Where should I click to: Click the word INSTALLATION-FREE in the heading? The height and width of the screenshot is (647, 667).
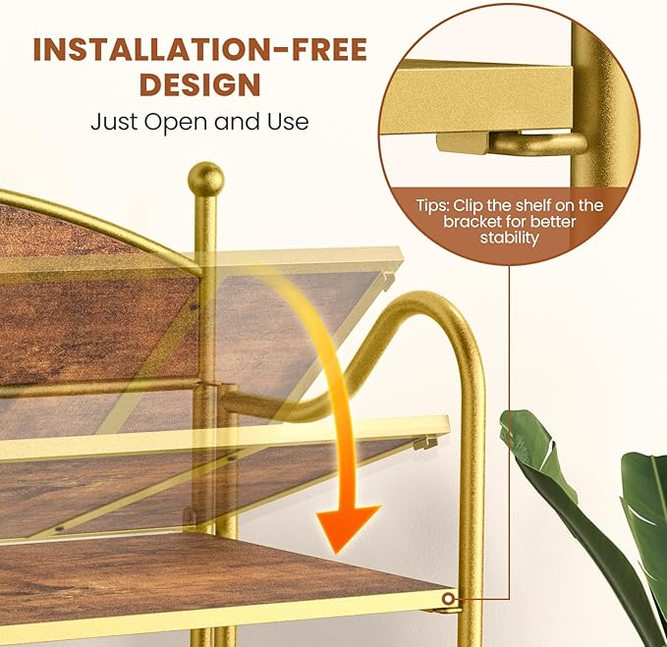click(x=200, y=49)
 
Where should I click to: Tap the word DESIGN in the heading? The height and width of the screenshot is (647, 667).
click(x=200, y=84)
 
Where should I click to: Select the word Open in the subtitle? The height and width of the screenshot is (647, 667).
click(x=177, y=123)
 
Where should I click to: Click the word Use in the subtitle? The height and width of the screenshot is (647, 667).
click(x=288, y=122)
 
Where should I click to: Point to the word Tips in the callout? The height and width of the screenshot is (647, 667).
click(x=432, y=206)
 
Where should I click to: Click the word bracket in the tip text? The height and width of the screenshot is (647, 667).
click(x=472, y=222)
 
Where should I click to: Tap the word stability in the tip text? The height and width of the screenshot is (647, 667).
click(x=509, y=238)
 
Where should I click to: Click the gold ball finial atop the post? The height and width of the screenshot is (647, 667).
click(x=205, y=178)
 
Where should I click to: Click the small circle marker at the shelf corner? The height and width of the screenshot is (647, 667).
click(x=448, y=599)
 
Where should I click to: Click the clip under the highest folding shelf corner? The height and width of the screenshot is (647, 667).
click(x=388, y=279)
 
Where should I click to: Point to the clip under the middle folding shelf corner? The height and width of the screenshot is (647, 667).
click(x=425, y=443)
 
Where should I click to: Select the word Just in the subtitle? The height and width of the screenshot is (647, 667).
click(x=114, y=122)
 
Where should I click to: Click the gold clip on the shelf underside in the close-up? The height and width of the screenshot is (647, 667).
click(x=463, y=142)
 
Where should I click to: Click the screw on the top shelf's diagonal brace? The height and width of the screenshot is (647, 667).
click(x=195, y=307)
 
